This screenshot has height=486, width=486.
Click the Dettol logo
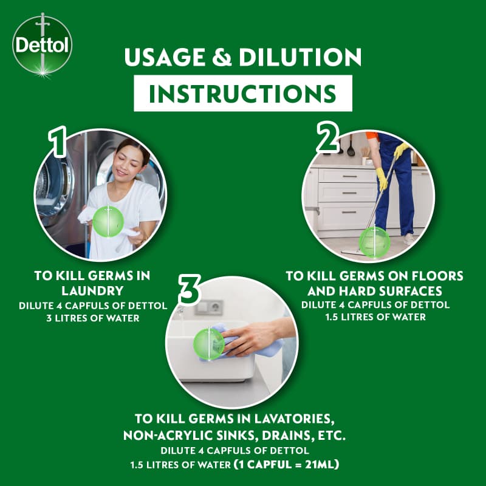pos(42,45)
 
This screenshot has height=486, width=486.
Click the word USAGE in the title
pos(165,57)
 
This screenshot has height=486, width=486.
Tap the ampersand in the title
pos(222,57)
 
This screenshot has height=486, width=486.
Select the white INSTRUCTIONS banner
pos(243,94)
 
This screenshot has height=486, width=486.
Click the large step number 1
pos(58,142)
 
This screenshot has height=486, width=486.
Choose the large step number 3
pos(190,289)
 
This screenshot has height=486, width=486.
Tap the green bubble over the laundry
pos(108,221)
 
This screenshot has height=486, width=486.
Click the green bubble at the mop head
pos(374,242)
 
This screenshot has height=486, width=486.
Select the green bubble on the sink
pos(209,344)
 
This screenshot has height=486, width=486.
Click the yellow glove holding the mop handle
pos(382,179)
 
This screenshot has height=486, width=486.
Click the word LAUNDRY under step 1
pos(93,291)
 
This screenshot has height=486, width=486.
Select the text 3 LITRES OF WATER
pos(93,318)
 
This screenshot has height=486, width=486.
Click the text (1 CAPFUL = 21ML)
pos(287,464)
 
